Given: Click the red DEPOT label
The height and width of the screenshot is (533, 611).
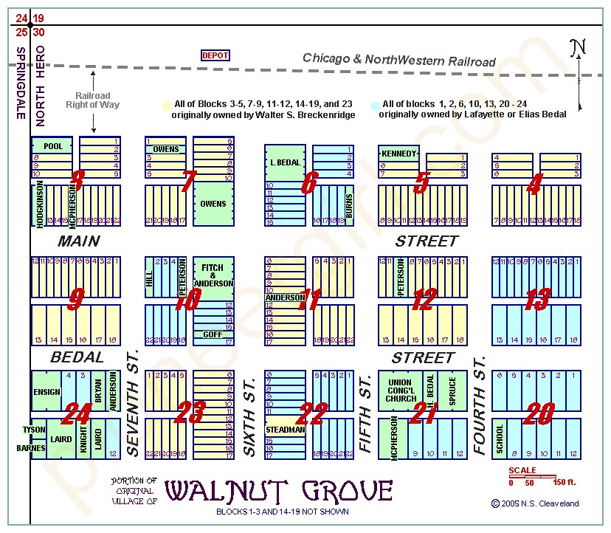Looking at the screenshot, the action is point(215,55).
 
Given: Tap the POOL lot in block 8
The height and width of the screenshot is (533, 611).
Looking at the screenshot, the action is point(52,146).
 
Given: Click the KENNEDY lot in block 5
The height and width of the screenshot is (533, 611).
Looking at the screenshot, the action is point(399,154).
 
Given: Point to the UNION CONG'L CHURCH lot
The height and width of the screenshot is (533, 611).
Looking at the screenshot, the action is point(401,391).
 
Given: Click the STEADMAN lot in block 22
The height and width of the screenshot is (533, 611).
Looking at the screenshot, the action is point(284,429).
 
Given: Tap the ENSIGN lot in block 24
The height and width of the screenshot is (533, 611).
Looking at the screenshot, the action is point(46,392).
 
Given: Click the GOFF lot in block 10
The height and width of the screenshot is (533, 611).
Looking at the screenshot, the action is point(213,334).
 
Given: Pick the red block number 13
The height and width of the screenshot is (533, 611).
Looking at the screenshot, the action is point(536,300).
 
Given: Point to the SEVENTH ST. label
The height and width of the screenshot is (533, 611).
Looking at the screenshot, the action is point(134,402).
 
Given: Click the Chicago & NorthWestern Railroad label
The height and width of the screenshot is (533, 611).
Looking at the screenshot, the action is point(398,60).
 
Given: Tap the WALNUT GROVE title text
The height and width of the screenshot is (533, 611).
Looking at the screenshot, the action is point(278,490).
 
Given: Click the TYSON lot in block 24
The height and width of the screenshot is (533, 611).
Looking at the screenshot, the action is point(34,430).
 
